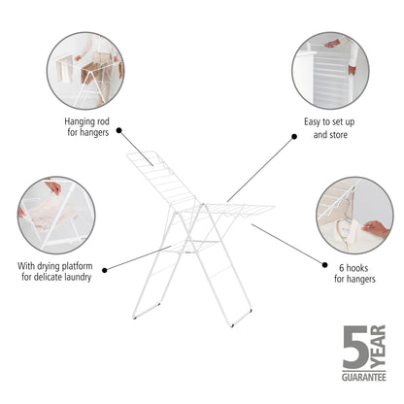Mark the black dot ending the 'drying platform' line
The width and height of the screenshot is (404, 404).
104,269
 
